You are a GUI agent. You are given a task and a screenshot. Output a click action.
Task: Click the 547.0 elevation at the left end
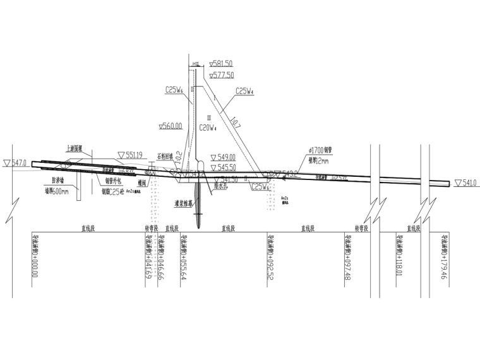point(16,163)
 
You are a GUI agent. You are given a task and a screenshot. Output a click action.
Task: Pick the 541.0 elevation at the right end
point(465,183)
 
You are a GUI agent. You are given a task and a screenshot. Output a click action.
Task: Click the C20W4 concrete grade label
point(208,128)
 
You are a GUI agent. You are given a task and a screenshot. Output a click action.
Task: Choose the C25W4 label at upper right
point(245,91)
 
